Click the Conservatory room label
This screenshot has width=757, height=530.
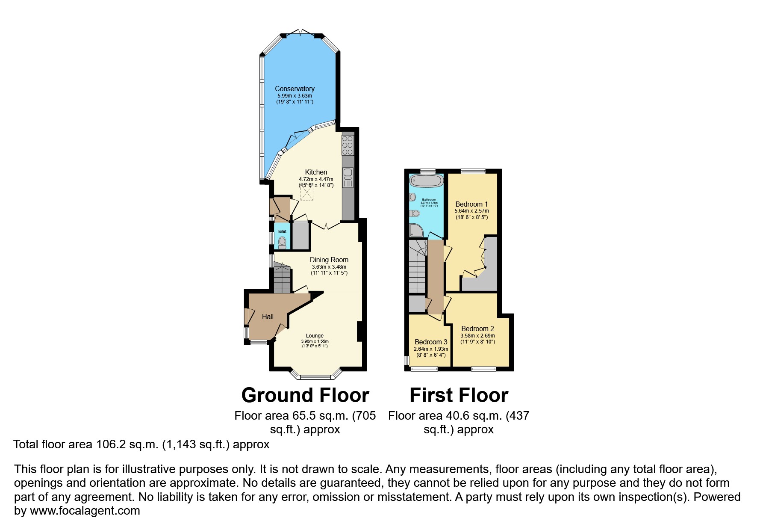tap(295, 89)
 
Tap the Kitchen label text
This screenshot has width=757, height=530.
tap(316, 172)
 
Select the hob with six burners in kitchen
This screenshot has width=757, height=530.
tap(348, 145)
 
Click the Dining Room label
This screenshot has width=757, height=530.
tap(329, 260)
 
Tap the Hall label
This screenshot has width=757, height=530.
tap(268, 317)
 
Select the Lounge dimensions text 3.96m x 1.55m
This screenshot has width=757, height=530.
tap(315, 341)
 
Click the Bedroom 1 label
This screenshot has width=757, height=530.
tap(471, 204)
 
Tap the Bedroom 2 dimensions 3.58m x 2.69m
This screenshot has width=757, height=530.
tap(477, 336)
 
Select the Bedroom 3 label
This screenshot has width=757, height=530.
tap(431, 342)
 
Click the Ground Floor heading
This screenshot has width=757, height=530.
tap(305, 395)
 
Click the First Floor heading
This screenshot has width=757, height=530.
tap(459, 395)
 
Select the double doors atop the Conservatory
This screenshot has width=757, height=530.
tap(300, 33)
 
